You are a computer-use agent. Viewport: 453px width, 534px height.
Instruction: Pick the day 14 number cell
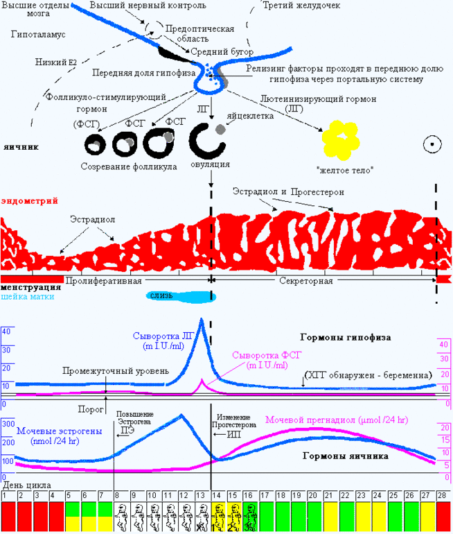(x=217, y=495)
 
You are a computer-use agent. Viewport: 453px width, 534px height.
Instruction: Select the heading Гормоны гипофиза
(x=346, y=338)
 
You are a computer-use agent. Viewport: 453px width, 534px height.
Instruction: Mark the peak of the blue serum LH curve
(x=202, y=319)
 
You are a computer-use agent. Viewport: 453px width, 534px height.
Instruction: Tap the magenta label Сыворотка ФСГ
(x=260, y=354)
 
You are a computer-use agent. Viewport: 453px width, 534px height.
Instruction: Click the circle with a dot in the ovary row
(x=432, y=144)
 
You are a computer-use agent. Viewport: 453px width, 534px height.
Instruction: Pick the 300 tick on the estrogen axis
(x=8, y=424)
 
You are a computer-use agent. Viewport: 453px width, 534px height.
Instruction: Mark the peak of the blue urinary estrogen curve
(x=181, y=415)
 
